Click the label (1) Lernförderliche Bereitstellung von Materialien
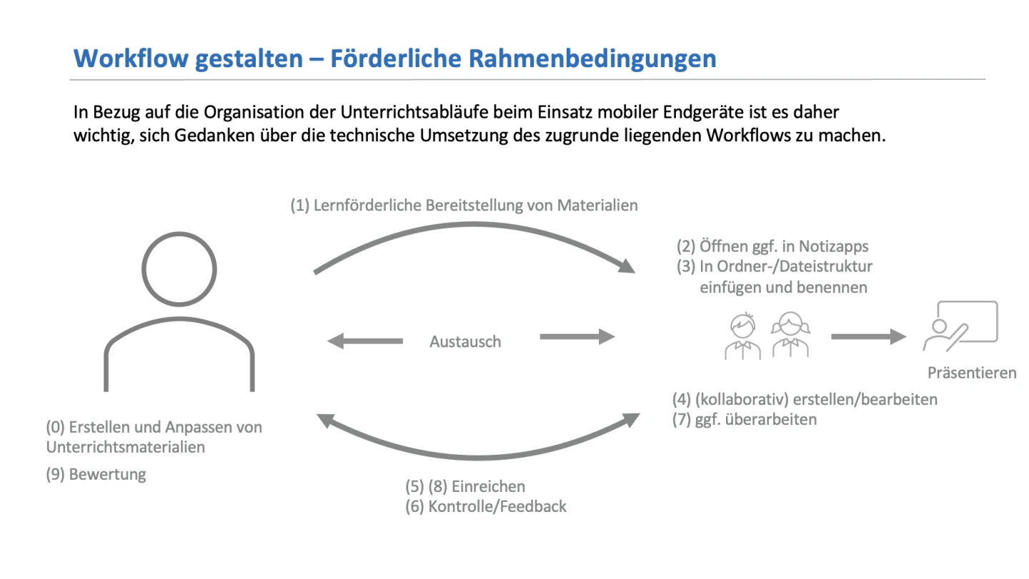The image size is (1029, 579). [x=464, y=205]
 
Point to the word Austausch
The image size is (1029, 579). [x=465, y=342]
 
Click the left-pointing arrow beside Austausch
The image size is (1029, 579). [x=364, y=341]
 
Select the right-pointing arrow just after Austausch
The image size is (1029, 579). [x=577, y=337]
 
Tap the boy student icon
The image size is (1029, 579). [x=742, y=336]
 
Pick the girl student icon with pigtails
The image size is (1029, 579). [x=790, y=335]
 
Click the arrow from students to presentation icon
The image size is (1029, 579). [x=869, y=337]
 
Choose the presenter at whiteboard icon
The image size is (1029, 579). [x=960, y=326]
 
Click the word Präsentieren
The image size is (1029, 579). [x=972, y=373]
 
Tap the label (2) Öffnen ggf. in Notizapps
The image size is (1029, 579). [x=772, y=246]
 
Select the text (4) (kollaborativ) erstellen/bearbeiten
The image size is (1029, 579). [x=805, y=400]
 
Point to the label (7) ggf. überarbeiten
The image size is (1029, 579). [x=745, y=419]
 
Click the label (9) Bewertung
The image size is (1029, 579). [x=96, y=474]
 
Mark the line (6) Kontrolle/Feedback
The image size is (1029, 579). [x=486, y=506]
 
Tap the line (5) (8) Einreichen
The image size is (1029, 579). [x=465, y=486]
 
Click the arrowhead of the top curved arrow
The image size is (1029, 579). [x=627, y=266]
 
